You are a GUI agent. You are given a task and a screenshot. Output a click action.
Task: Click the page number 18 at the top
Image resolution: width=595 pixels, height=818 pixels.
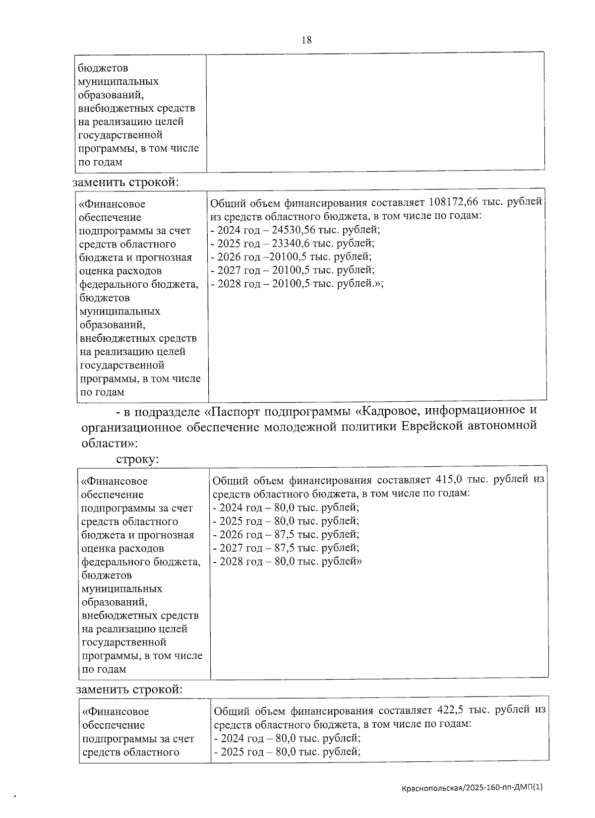pyautogui.click(x=306, y=40)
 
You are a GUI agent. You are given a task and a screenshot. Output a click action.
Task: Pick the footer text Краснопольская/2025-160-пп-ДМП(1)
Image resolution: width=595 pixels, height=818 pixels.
pyautogui.click(x=473, y=787)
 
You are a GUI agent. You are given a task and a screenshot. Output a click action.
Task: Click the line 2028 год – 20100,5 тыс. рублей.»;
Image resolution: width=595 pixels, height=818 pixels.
pyautogui.click(x=297, y=283)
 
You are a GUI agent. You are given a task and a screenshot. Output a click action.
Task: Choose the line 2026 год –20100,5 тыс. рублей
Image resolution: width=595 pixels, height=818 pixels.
pyautogui.click(x=292, y=256)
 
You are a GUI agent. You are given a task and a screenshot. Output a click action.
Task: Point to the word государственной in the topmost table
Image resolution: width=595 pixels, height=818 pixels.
pyautogui.click(x=120, y=135)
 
